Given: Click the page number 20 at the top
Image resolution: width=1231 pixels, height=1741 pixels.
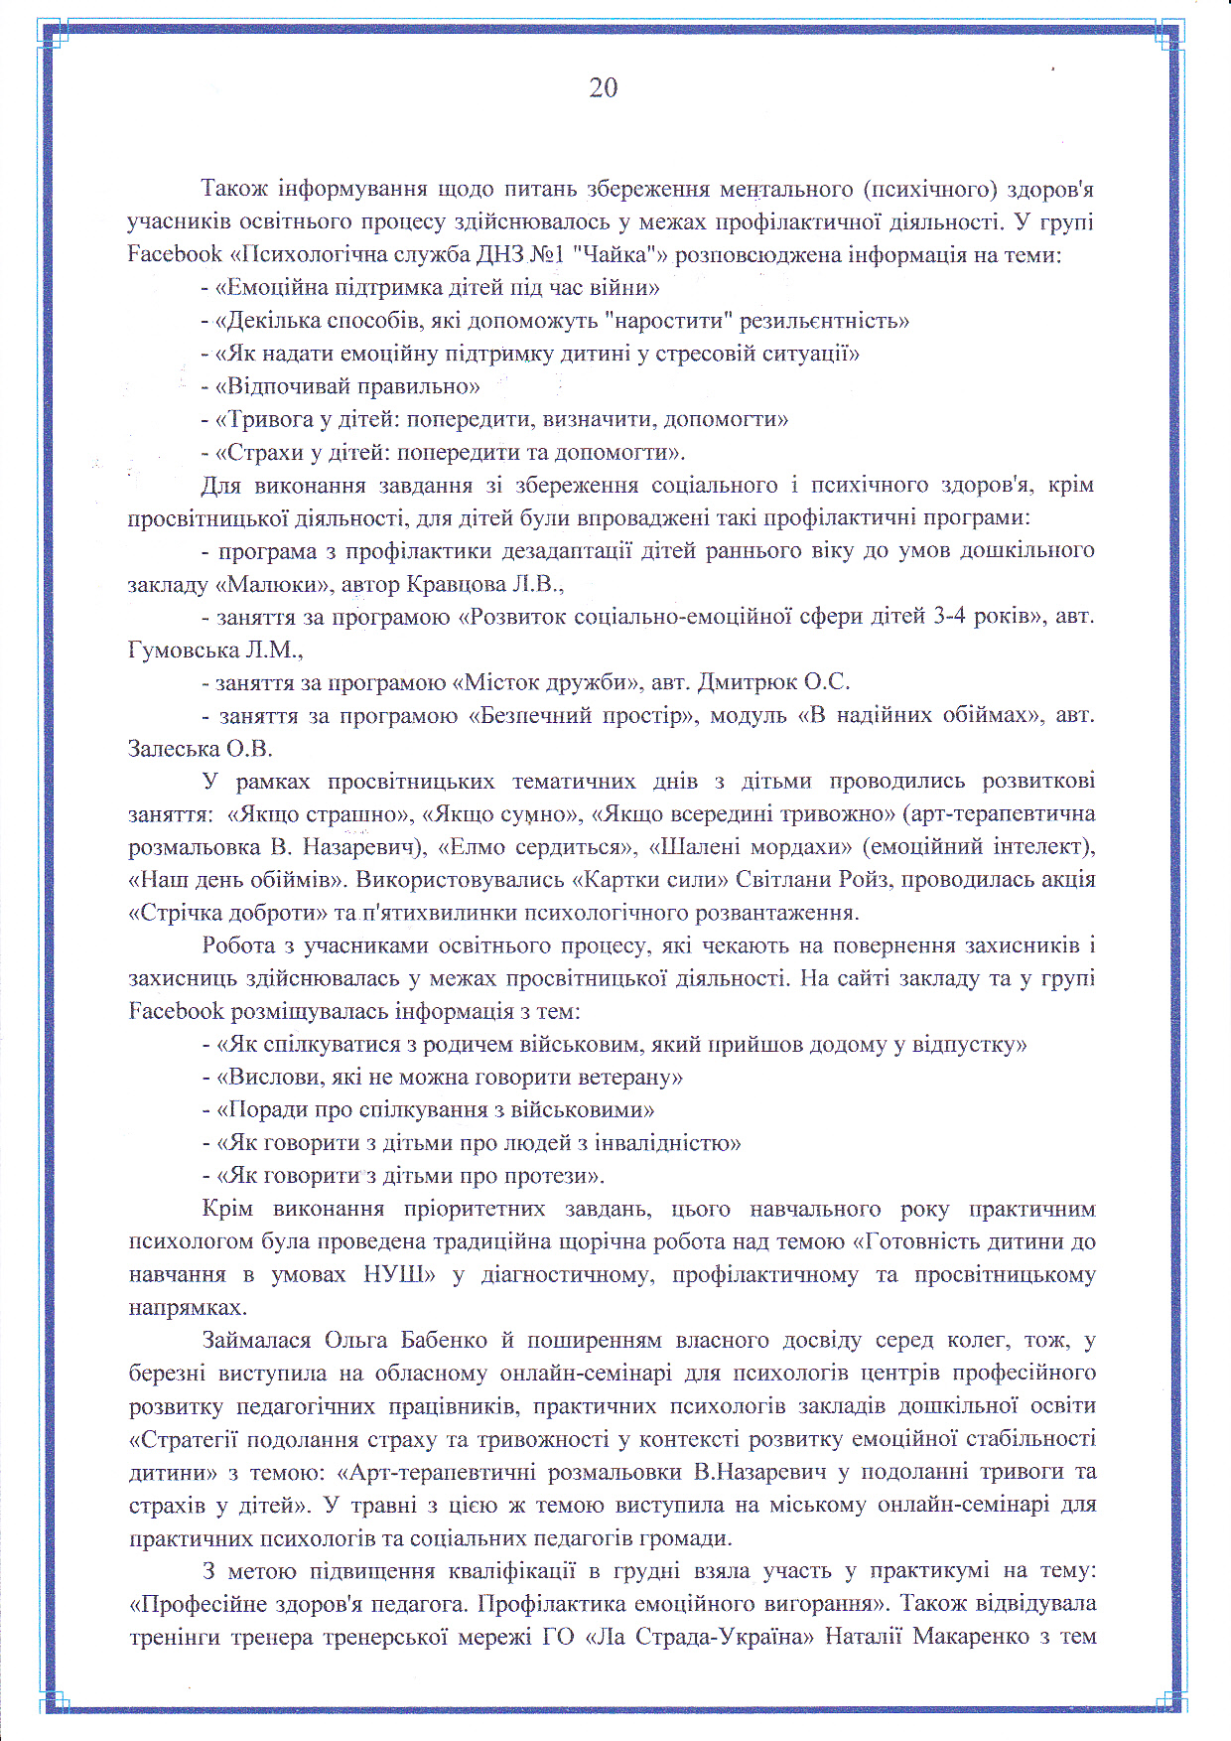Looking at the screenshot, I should [604, 88].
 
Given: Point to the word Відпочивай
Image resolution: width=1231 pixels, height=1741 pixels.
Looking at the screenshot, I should [288, 386].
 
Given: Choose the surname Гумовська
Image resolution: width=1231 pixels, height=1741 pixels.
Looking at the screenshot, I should [187, 651].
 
